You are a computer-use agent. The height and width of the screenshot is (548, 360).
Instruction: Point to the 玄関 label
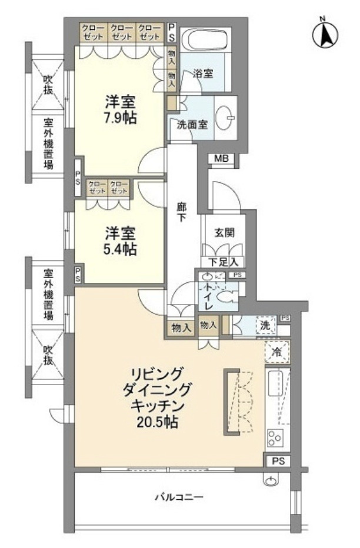(x=224, y=232)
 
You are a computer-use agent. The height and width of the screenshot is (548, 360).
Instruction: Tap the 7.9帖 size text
(x=121, y=118)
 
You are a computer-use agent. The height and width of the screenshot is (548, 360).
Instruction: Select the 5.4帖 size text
(x=121, y=249)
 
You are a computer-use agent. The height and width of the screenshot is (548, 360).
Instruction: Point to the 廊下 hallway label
(x=182, y=212)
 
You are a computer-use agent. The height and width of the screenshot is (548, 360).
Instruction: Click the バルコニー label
(x=179, y=498)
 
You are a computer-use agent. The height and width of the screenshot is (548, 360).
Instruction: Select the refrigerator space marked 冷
(x=276, y=353)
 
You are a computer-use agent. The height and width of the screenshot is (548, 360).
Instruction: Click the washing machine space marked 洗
(x=265, y=325)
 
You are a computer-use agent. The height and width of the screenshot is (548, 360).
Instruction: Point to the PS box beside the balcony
(x=278, y=461)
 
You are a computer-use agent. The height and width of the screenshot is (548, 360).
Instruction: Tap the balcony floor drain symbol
(x=270, y=483)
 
